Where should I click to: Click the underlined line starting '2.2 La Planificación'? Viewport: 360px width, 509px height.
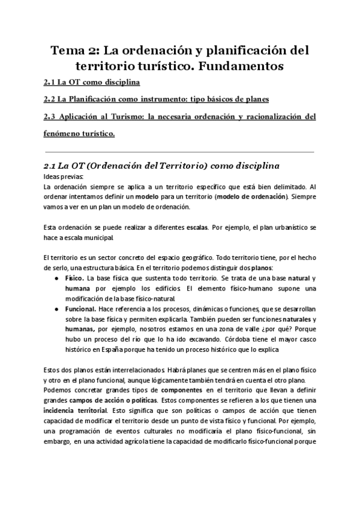[157, 99]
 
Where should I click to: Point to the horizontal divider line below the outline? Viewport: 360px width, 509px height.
[179, 152]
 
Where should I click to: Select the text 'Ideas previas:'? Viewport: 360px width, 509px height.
[65, 177]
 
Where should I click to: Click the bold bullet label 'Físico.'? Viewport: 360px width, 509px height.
[74, 279]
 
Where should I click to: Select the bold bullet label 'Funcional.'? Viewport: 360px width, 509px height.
[80, 309]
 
